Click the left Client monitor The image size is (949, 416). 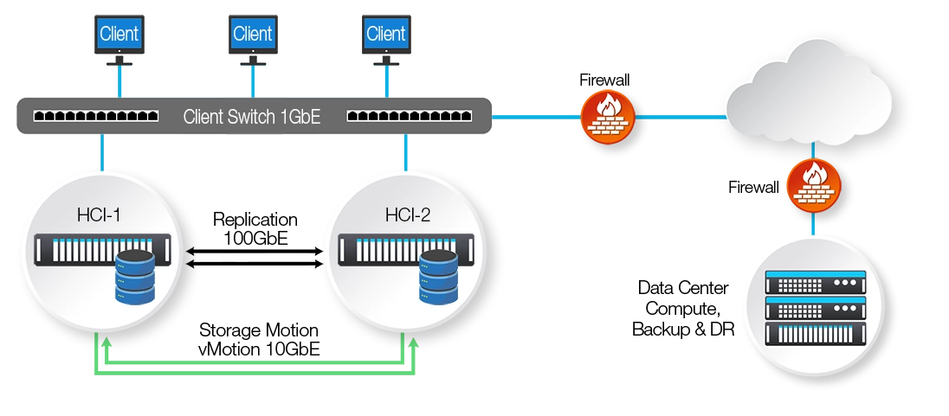(119, 35)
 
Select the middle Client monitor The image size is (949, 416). (252, 35)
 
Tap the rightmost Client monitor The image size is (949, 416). (385, 35)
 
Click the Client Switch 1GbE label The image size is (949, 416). (252, 117)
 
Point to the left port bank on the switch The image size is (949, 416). (95, 115)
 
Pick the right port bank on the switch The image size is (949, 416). (409, 115)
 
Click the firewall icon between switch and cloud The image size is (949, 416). (607, 115)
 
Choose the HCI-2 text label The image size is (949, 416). (406, 214)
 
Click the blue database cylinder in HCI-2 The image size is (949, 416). (438, 277)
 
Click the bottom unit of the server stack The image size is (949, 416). (816, 332)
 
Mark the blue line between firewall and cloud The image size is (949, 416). (680, 114)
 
